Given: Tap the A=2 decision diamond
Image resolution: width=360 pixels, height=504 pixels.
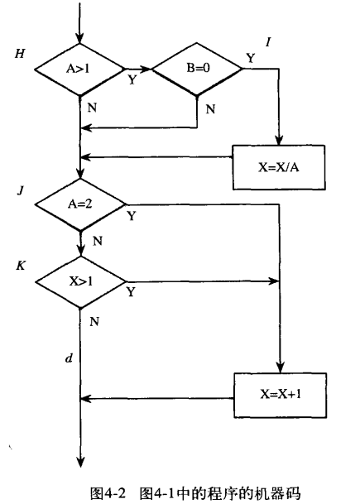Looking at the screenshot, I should point(80,203).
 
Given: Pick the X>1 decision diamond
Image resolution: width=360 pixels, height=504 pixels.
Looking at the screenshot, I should point(80,281).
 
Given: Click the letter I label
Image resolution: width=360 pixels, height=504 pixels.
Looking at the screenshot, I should point(268,41).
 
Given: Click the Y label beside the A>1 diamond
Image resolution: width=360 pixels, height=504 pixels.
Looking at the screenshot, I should point(132,81).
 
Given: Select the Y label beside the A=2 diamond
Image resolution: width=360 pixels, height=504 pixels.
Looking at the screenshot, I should point(131,216).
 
